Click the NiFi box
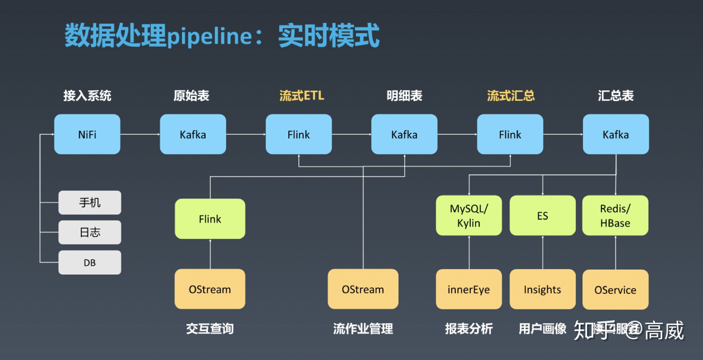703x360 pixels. pos(87,135)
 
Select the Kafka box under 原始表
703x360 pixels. pos(193,135)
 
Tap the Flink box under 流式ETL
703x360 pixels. pos(298,135)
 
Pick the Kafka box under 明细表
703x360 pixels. pos(404,135)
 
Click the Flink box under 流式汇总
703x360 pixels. pos(510,135)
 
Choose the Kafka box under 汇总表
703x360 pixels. pos(616,135)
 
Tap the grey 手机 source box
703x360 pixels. pos(90,202)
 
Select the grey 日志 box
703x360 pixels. pos(90,232)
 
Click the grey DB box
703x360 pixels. pos(90,262)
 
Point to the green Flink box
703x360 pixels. pos(210,219)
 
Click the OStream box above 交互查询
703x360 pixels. pos(210,289)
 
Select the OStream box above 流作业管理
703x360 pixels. pos(363,289)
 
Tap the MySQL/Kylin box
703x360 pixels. pos(469,215)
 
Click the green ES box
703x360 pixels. pos(542,215)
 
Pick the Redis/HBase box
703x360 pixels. pos(615,215)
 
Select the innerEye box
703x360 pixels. pos(469,289)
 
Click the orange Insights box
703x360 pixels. pos(542,289)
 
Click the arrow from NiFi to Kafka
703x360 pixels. pos(140,135)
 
